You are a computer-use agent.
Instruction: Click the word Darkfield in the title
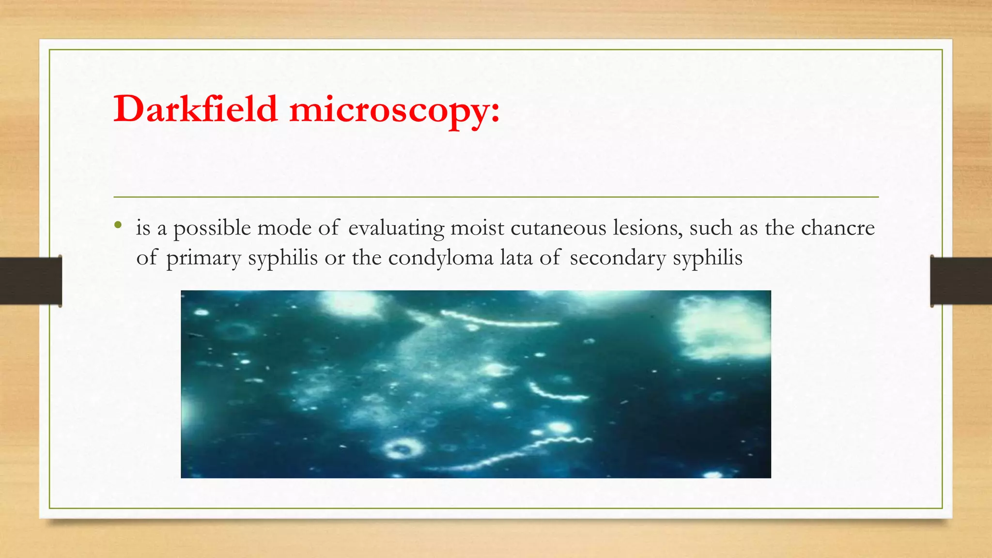coord(196,109)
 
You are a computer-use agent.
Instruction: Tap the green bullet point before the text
coord(118,225)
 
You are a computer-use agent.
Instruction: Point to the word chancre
coord(837,228)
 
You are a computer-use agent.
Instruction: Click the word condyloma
coord(440,258)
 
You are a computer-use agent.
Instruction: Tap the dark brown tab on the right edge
coord(961,281)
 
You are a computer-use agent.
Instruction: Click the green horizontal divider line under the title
coord(496,197)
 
